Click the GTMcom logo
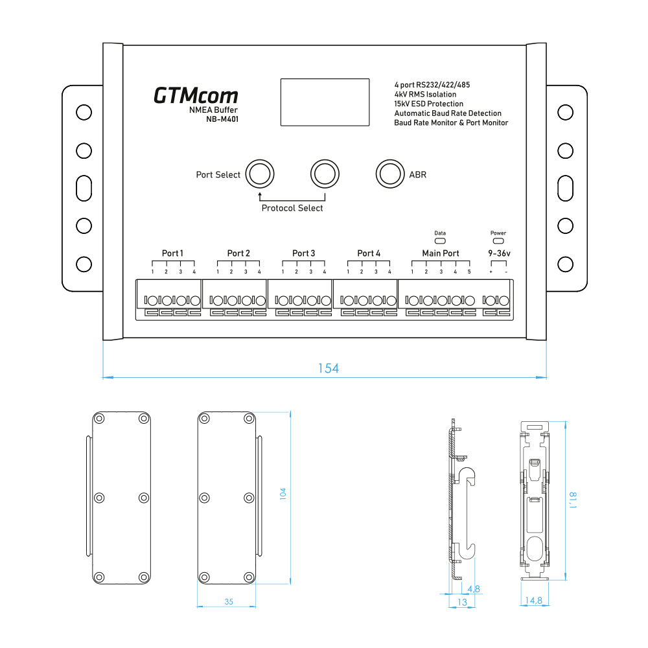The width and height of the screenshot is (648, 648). pyautogui.click(x=196, y=96)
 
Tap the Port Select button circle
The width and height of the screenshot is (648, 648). pyautogui.click(x=260, y=174)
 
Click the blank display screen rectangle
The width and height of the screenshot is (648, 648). pyautogui.click(x=325, y=102)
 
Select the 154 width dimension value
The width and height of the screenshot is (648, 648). pyautogui.click(x=328, y=368)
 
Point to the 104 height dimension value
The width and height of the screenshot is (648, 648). pyautogui.click(x=282, y=494)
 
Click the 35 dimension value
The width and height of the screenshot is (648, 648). pyautogui.click(x=229, y=601)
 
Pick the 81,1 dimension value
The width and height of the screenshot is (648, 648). pyautogui.click(x=573, y=500)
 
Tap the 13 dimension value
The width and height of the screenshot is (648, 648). pyautogui.click(x=462, y=602)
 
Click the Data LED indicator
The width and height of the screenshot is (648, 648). pyautogui.click(x=440, y=241)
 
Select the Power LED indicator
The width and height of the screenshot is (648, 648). pyautogui.click(x=498, y=241)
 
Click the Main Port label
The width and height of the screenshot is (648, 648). pyautogui.click(x=441, y=253)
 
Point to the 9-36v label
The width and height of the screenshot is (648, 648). pyautogui.click(x=499, y=253)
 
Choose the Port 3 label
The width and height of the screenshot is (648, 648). pyautogui.click(x=303, y=253)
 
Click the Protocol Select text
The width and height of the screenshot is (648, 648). pyautogui.click(x=292, y=208)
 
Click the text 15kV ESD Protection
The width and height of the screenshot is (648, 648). pyautogui.click(x=428, y=104)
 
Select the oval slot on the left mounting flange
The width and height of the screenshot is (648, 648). pyautogui.click(x=84, y=188)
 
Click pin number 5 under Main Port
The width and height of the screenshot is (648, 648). pyautogui.click(x=470, y=272)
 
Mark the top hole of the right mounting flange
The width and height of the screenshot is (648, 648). pyautogui.click(x=566, y=113)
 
